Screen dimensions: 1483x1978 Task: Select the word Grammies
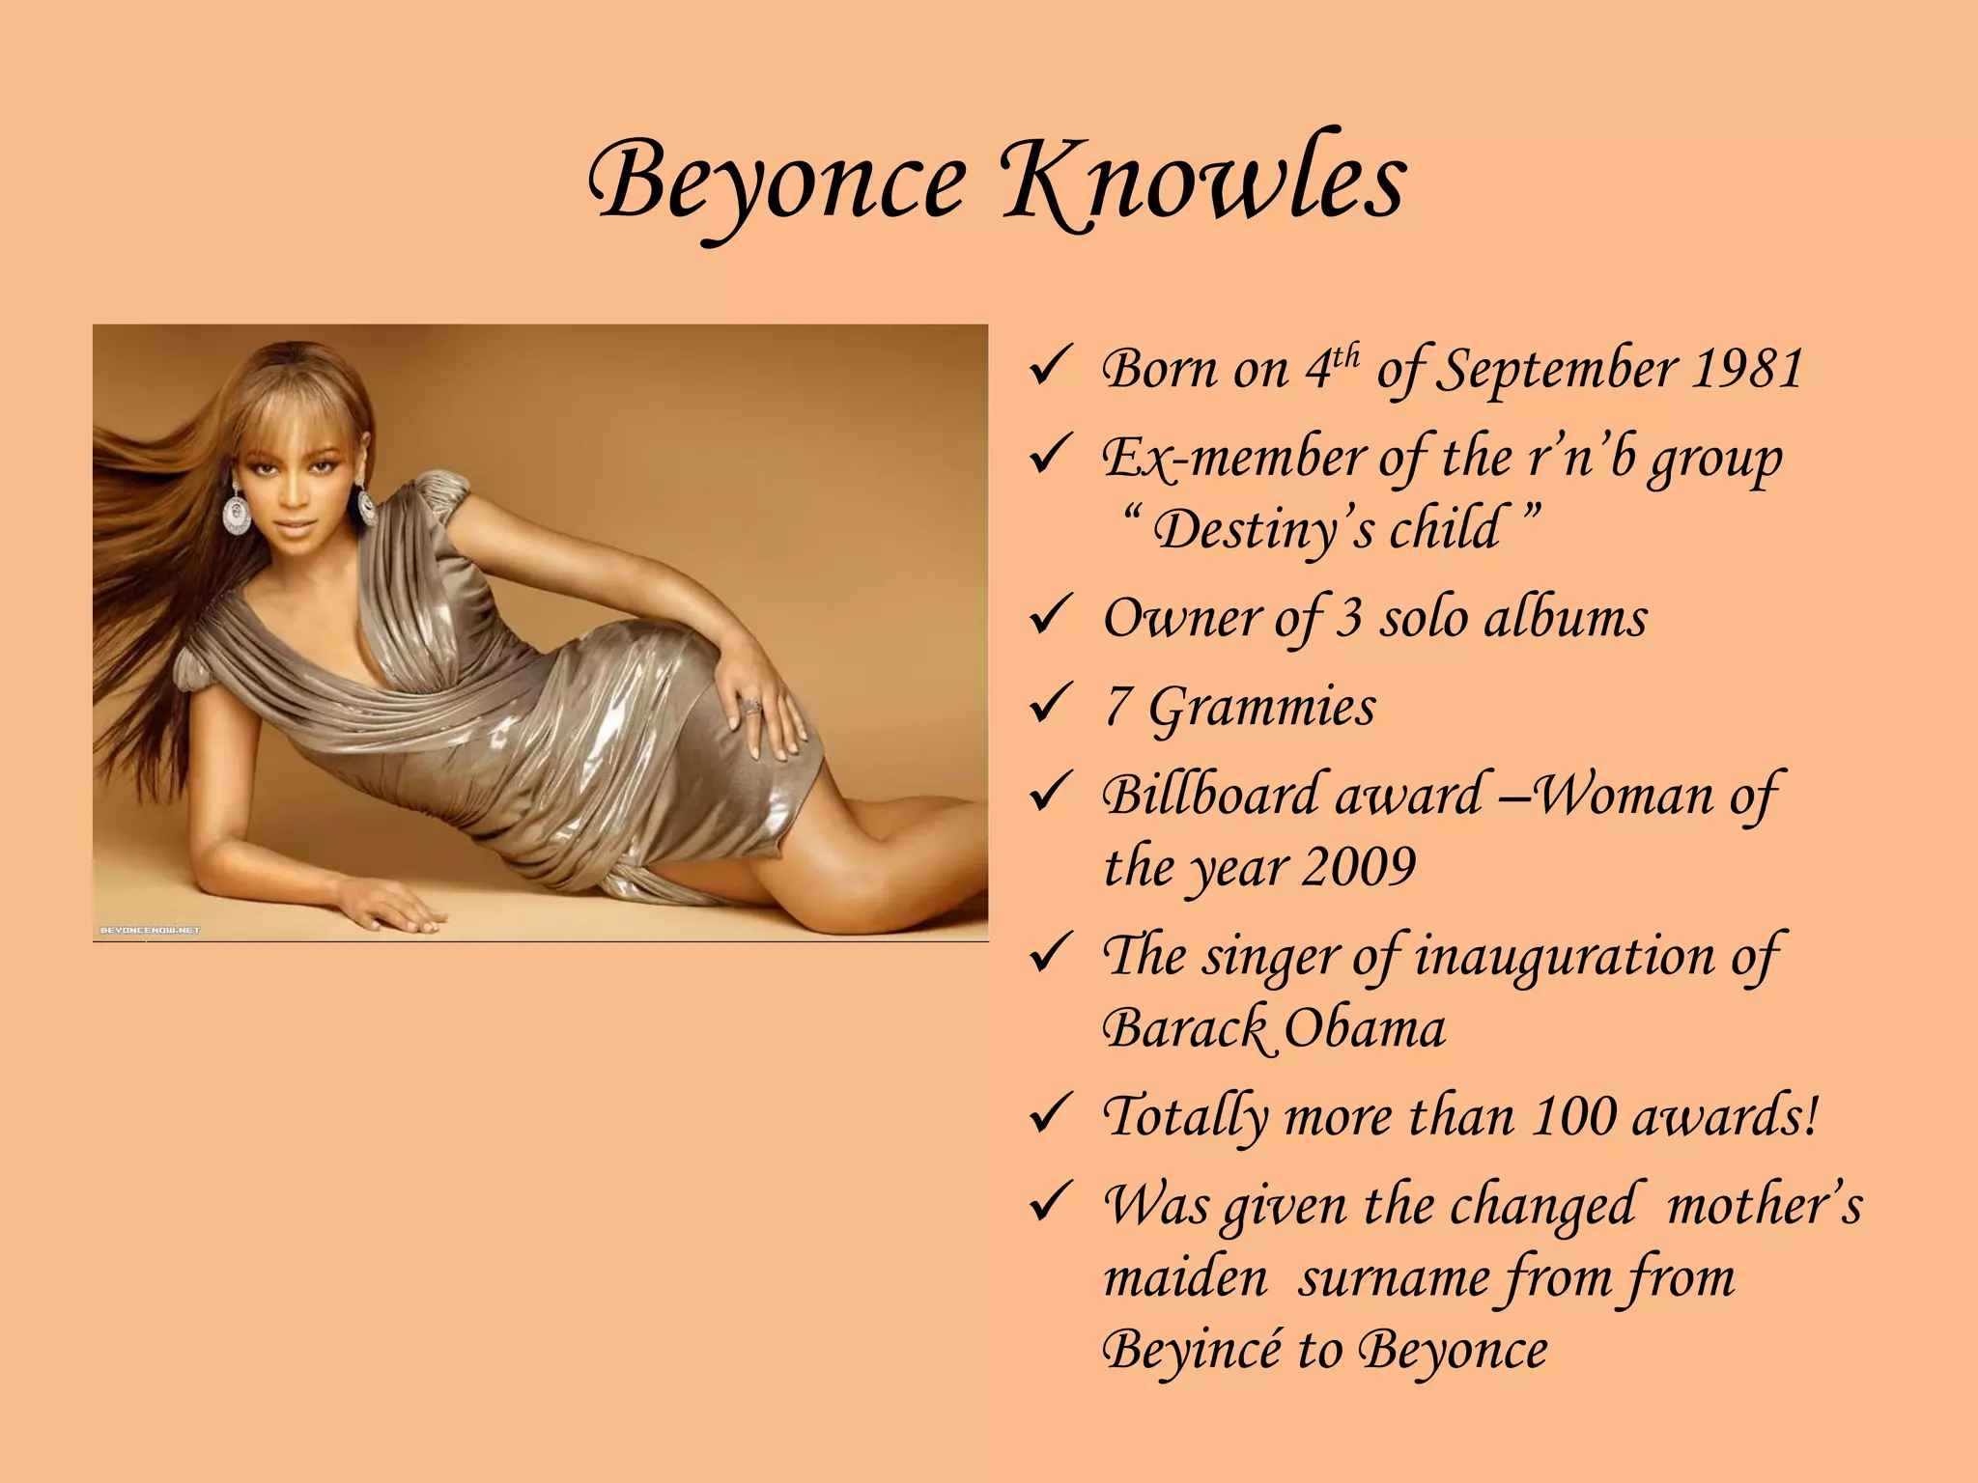(1261, 707)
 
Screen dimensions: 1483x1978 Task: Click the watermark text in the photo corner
(151, 930)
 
